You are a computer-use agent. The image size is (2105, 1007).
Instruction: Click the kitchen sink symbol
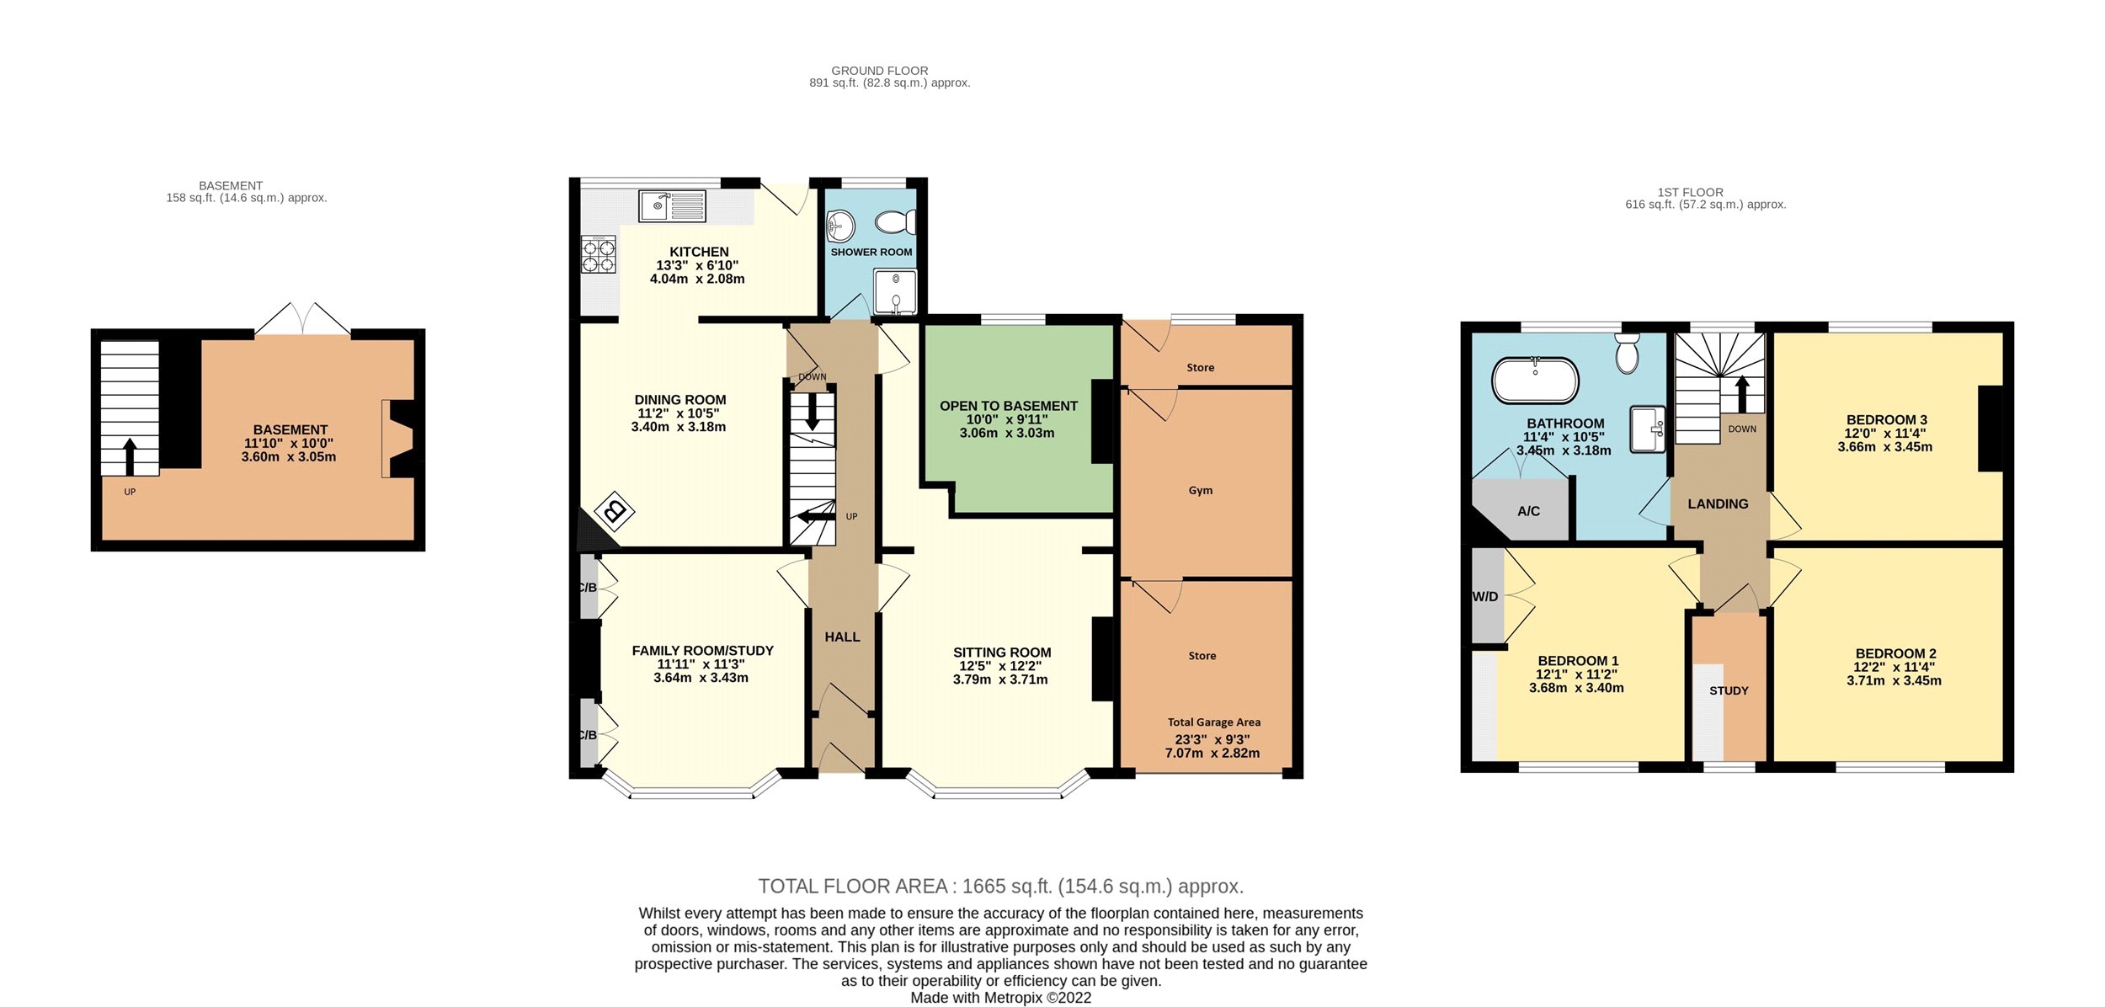pyautogui.click(x=672, y=205)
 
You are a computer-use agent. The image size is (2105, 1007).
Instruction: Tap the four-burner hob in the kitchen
pyautogui.click(x=599, y=254)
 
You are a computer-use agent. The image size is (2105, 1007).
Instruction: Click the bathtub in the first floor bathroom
pyautogui.click(x=1535, y=381)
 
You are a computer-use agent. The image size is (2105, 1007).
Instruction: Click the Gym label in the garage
pyautogui.click(x=1201, y=490)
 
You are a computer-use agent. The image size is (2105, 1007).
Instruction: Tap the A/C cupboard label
pyautogui.click(x=1528, y=511)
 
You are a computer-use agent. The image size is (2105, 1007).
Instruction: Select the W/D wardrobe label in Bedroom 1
pyautogui.click(x=1485, y=596)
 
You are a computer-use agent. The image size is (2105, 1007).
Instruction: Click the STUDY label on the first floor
pyautogui.click(x=1729, y=690)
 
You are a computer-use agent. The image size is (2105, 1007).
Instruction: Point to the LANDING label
pyautogui.click(x=1718, y=504)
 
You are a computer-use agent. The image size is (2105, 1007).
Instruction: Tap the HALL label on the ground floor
pyautogui.click(x=842, y=637)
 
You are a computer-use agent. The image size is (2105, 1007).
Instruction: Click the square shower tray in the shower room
pyautogui.click(x=895, y=291)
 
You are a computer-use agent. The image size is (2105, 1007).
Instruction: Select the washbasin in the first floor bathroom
pyautogui.click(x=1648, y=429)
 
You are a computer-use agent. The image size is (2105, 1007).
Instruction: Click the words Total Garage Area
pyautogui.click(x=1214, y=722)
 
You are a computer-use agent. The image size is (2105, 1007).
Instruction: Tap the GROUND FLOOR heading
pyautogui.click(x=880, y=71)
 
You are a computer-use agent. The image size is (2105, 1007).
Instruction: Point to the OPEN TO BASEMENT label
pyautogui.click(x=1009, y=406)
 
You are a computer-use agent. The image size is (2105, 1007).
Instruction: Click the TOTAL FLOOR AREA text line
pyautogui.click(x=1001, y=887)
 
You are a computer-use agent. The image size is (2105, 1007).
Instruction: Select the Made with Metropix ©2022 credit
pyautogui.click(x=1000, y=998)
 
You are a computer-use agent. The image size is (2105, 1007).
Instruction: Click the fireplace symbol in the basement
pyautogui.click(x=398, y=438)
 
